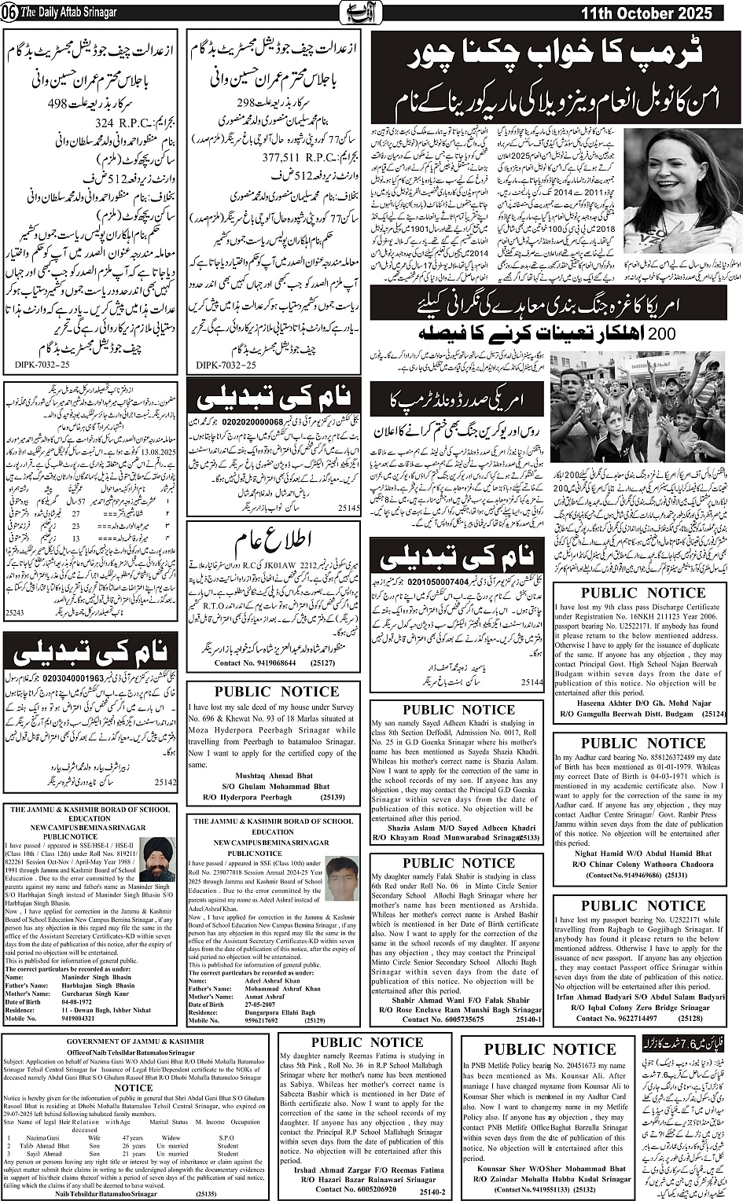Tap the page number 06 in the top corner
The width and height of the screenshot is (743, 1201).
point(9,13)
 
